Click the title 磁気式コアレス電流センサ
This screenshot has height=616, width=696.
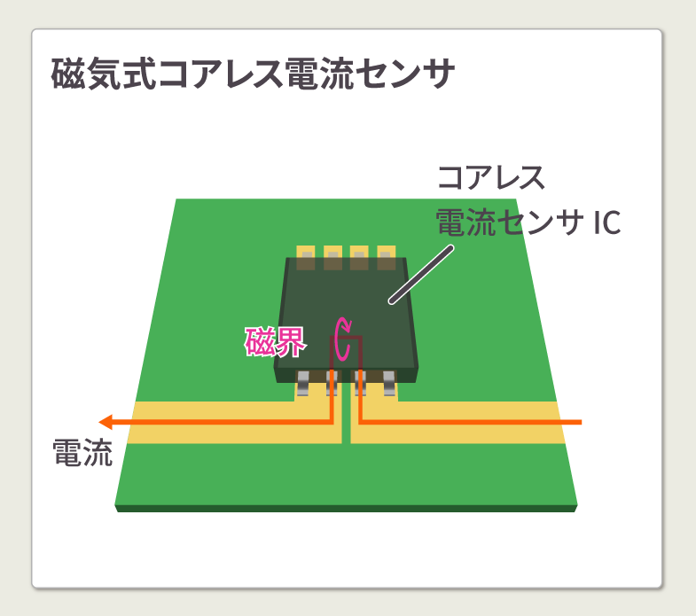pos(253,75)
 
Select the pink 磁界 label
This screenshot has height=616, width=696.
pos(275,341)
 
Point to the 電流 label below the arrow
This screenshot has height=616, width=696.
pos(82,455)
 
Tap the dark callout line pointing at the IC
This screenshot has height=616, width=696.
pos(420,275)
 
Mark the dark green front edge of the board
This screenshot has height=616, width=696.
pos(346,508)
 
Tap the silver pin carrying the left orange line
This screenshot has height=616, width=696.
pos(332,384)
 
